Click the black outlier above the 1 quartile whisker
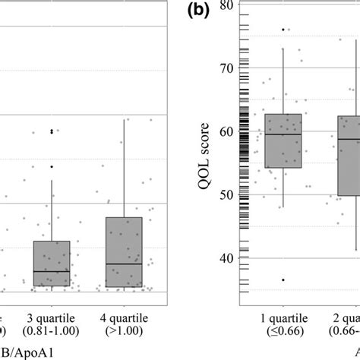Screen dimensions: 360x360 [283, 30]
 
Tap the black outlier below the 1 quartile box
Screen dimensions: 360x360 [283, 279]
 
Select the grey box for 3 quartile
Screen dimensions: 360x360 [52, 264]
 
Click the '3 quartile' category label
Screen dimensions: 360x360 [52, 317]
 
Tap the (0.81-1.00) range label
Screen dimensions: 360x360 [52, 331]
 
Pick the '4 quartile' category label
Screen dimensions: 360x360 [123, 317]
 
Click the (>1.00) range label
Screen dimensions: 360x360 [123, 331]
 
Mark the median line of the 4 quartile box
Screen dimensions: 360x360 [123, 264]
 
